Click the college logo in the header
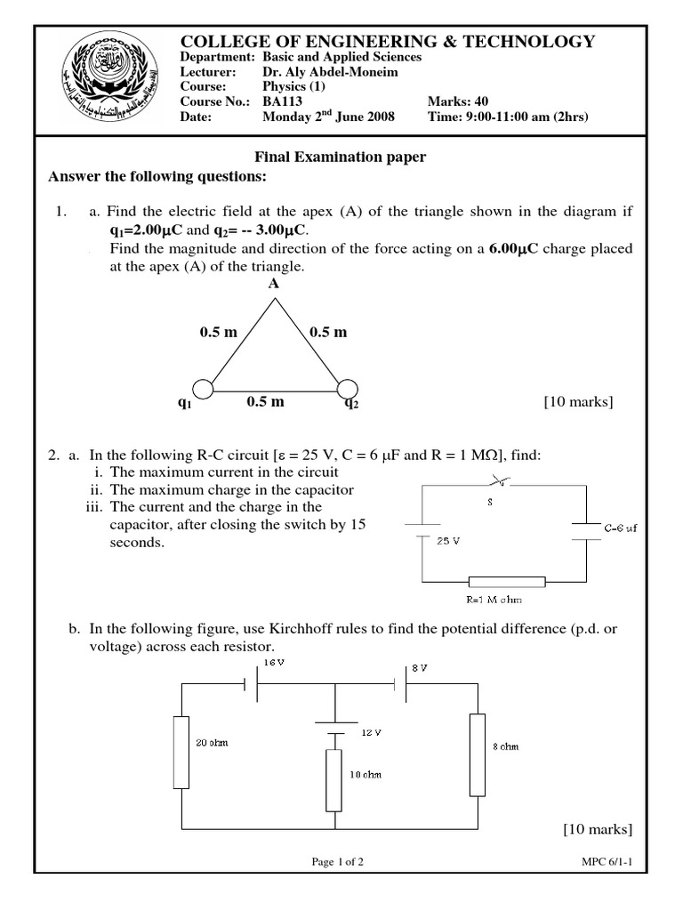(x=105, y=84)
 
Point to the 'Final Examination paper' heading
(x=341, y=157)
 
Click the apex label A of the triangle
(x=274, y=284)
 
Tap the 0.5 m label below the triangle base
(x=266, y=402)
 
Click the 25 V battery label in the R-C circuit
(x=449, y=540)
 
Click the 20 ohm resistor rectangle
(x=181, y=752)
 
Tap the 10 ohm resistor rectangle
(x=333, y=779)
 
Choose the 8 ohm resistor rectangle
(x=478, y=754)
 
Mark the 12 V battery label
(x=371, y=731)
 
